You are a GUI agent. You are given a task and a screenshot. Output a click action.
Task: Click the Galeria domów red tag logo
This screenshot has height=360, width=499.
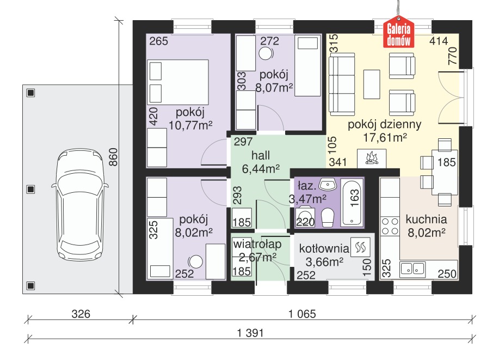pos(398,33)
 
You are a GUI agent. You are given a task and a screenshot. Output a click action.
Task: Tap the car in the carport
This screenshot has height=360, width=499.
pos(80,204)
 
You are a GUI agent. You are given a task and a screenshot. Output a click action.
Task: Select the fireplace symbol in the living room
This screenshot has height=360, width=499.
pos(371,158)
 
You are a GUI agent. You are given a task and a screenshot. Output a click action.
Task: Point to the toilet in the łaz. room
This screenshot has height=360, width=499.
pos(328,218)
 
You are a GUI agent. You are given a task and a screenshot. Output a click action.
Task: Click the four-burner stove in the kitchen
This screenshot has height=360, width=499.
pos(390,226)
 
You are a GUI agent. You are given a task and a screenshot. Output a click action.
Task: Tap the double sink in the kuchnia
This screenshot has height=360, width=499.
pos(413,269)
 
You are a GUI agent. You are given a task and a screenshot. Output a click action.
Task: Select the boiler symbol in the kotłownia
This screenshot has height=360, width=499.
pos(360,247)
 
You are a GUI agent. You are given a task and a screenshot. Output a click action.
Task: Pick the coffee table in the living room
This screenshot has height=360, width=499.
pos(372,84)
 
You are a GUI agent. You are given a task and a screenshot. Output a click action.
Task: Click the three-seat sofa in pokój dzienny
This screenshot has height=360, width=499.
pos(342,84)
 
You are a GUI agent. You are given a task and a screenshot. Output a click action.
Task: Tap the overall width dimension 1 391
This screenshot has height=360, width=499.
pos(250,333)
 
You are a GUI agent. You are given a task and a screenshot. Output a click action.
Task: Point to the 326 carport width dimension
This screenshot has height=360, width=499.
pos(81,314)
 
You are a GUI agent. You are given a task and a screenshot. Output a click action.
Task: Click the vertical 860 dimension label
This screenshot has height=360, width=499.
pos(113,157)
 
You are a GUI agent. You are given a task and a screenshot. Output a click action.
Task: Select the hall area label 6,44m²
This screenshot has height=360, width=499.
pos(261,169)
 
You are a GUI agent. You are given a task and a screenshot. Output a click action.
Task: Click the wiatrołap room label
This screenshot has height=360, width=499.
pos(257,245)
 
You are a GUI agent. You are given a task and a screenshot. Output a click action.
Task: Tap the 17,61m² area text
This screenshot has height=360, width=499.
pos(385,138)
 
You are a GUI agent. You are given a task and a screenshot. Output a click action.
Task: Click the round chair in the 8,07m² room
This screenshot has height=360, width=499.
pos(266,53)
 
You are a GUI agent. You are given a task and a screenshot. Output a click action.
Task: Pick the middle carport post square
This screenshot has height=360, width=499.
pos(30,190)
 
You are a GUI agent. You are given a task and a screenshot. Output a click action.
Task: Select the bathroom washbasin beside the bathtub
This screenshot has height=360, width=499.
pos(328,185)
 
